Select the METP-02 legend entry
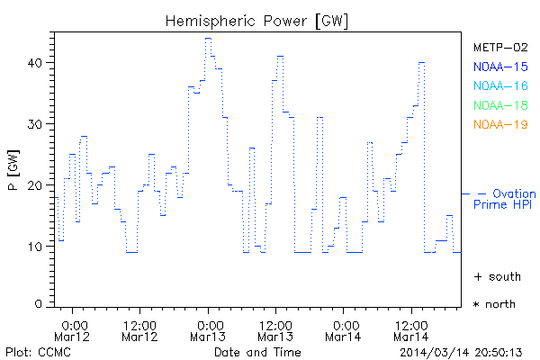click(x=499, y=47)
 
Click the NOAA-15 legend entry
click(x=499, y=67)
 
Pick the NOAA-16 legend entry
click(x=499, y=85)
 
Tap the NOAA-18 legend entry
click(x=499, y=105)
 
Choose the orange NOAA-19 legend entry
click(x=499, y=124)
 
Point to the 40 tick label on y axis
click(x=35, y=63)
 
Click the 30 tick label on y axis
click(x=35, y=124)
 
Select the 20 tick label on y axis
click(x=35, y=185)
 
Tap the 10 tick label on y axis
click(x=35, y=246)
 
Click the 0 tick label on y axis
click(x=39, y=304)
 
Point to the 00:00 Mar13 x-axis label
click(x=208, y=329)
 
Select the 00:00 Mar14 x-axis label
click(x=344, y=329)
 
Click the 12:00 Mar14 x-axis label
click(x=411, y=329)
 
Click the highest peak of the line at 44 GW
click(x=208, y=38)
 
